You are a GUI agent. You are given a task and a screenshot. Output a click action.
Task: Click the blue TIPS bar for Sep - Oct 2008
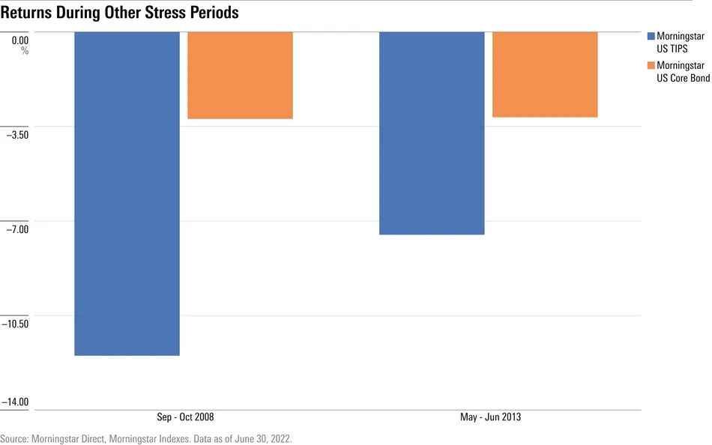(127, 193)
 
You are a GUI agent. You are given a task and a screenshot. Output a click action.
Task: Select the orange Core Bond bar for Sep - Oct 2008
(240, 75)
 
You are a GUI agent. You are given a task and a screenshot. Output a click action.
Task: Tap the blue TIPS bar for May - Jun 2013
(432, 133)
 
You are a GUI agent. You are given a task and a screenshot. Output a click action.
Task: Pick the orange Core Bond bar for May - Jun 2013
(545, 74)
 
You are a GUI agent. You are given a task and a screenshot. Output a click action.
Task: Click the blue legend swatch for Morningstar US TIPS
(650, 36)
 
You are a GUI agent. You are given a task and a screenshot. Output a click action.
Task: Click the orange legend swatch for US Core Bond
(650, 66)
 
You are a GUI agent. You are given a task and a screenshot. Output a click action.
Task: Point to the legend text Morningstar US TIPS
(680, 42)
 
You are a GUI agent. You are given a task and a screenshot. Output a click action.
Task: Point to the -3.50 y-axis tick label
(17, 136)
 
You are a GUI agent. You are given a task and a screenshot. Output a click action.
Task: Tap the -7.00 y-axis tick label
(17, 229)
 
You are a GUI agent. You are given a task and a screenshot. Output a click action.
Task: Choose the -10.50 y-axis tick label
(15, 324)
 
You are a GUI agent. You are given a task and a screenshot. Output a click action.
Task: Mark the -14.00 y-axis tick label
(15, 403)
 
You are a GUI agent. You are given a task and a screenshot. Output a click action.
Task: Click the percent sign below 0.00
(25, 51)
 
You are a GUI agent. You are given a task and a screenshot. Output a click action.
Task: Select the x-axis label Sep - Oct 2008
(184, 417)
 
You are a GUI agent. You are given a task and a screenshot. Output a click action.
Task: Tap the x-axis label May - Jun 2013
(490, 417)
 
